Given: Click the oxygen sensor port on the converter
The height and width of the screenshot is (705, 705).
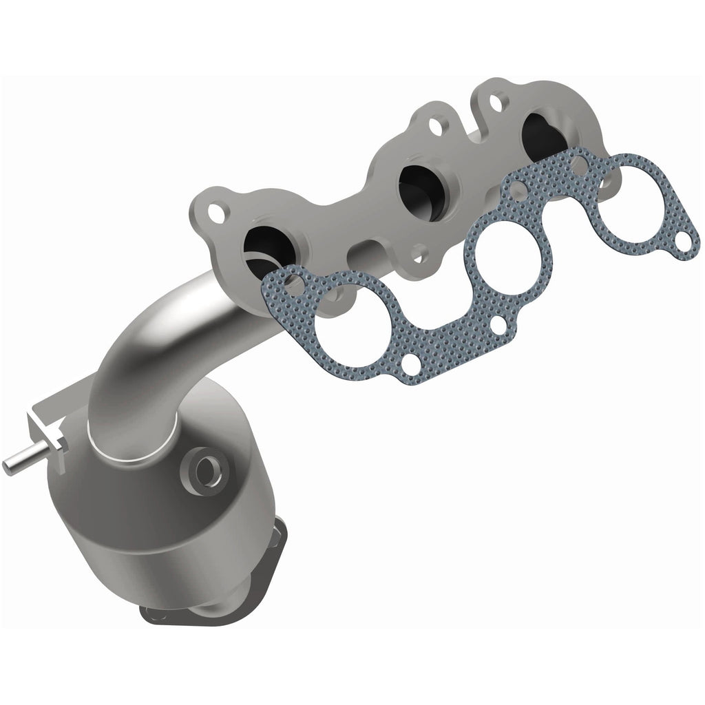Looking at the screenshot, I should click(x=204, y=471).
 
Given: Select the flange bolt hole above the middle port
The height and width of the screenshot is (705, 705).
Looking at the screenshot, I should click(x=436, y=127).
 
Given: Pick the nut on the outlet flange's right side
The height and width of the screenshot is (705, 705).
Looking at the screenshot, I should click(x=280, y=530).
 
